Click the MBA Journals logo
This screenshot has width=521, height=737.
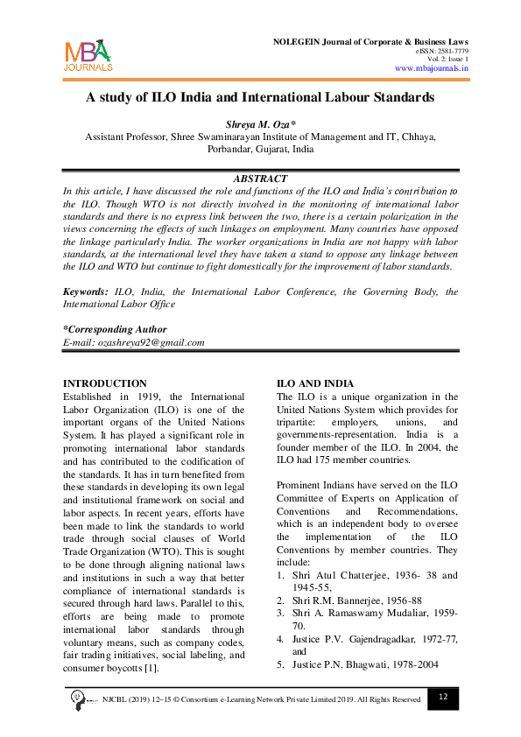[88, 55]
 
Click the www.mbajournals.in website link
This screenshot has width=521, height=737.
[432, 67]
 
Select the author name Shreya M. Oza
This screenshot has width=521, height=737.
[260, 124]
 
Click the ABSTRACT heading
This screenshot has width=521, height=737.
[261, 178]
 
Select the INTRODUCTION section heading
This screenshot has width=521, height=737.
[105, 383]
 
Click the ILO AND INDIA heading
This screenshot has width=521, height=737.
[315, 383]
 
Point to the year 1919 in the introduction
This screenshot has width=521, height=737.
[151, 397]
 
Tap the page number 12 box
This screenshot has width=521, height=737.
[443, 697]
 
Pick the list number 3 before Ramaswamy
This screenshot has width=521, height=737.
[280, 614]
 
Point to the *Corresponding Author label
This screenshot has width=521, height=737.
[115, 329]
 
